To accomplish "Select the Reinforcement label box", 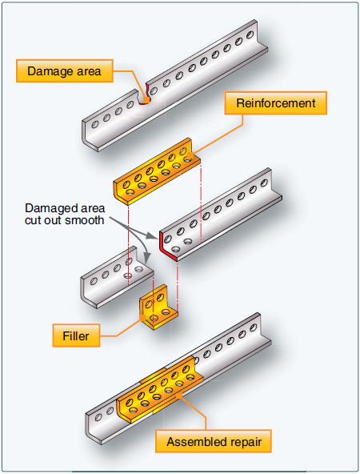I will [275, 103].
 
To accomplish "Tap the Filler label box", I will [77, 336].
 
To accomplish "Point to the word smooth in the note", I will [86, 219].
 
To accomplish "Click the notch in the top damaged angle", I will [145, 98].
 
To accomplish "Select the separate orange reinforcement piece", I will [158, 175].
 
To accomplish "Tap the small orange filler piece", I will [158, 308].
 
